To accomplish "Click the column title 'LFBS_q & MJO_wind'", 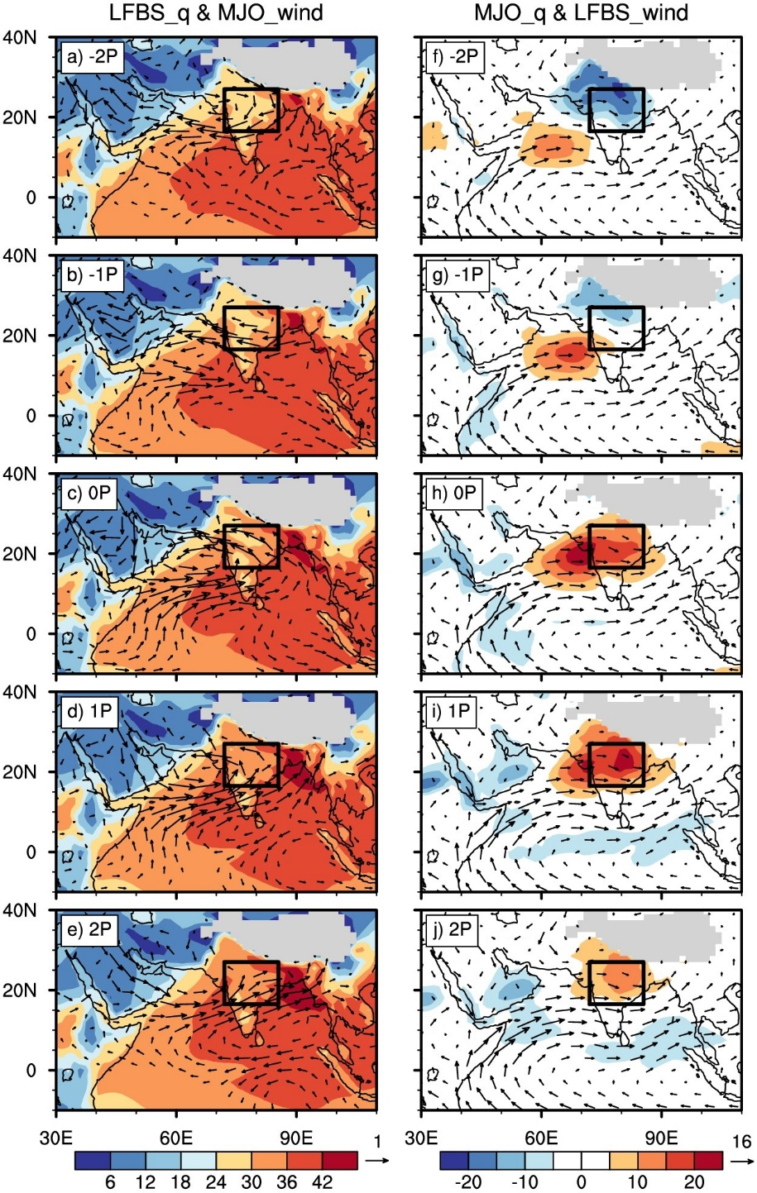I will tap(216, 12).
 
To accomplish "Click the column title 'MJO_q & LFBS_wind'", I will tap(582, 12).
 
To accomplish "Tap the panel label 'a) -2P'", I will tap(90, 59).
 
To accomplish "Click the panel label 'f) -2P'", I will tap(453, 59).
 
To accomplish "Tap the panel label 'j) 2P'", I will tap(451, 930).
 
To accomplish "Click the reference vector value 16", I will tap(741, 1143).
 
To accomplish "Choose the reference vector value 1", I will tap(377, 1143).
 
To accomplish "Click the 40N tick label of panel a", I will tap(21, 37).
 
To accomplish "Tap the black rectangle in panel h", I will tap(616, 546).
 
